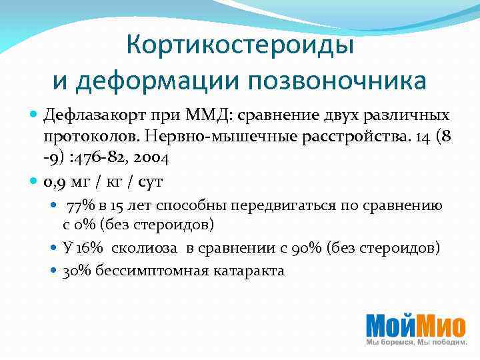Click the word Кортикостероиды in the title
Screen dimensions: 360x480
tap(239, 45)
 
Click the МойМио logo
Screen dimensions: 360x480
tap(415, 325)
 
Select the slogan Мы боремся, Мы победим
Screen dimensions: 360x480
tap(416, 342)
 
